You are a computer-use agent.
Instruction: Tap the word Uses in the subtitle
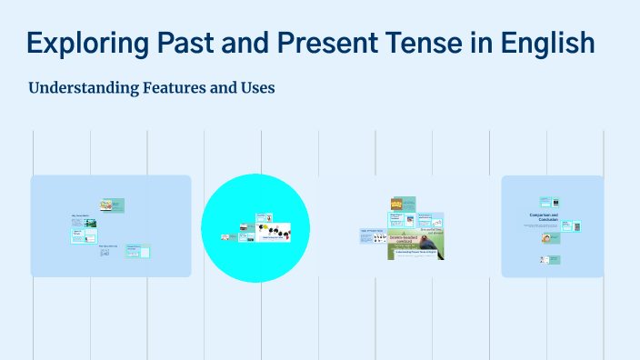tap(256, 88)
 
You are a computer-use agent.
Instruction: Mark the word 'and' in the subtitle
tap(225, 88)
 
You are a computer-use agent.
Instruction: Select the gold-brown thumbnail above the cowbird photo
tap(396, 204)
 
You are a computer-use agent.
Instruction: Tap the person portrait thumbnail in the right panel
tap(547, 238)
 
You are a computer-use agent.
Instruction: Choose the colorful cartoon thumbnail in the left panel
tap(106, 205)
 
